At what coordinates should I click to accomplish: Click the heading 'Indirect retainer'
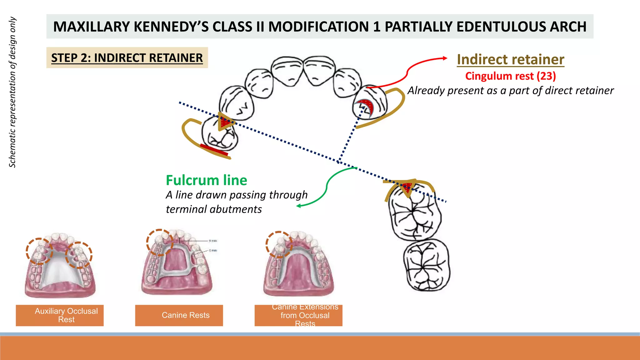point(510,59)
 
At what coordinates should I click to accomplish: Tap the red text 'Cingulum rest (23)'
point(510,76)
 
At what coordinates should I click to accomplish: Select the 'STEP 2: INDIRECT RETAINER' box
point(127,58)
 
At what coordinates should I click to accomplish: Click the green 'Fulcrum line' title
point(206,180)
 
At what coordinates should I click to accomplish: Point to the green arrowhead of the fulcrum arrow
point(298,206)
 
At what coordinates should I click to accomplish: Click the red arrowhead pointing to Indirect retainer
point(445,58)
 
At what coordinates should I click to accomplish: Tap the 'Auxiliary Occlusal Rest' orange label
point(60,315)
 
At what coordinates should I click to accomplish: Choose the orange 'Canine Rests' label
point(179,315)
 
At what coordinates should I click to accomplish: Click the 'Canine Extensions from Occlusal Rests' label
point(298,315)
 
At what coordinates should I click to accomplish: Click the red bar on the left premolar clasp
point(214,150)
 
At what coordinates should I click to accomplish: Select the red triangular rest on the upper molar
point(407,188)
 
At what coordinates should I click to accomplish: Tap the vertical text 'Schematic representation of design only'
point(12,92)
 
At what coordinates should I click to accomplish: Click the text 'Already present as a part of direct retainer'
point(510,91)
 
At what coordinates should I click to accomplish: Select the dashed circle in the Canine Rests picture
point(160,242)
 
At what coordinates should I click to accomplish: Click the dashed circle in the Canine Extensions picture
point(279,244)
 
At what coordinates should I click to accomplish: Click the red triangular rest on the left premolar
point(224,122)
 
